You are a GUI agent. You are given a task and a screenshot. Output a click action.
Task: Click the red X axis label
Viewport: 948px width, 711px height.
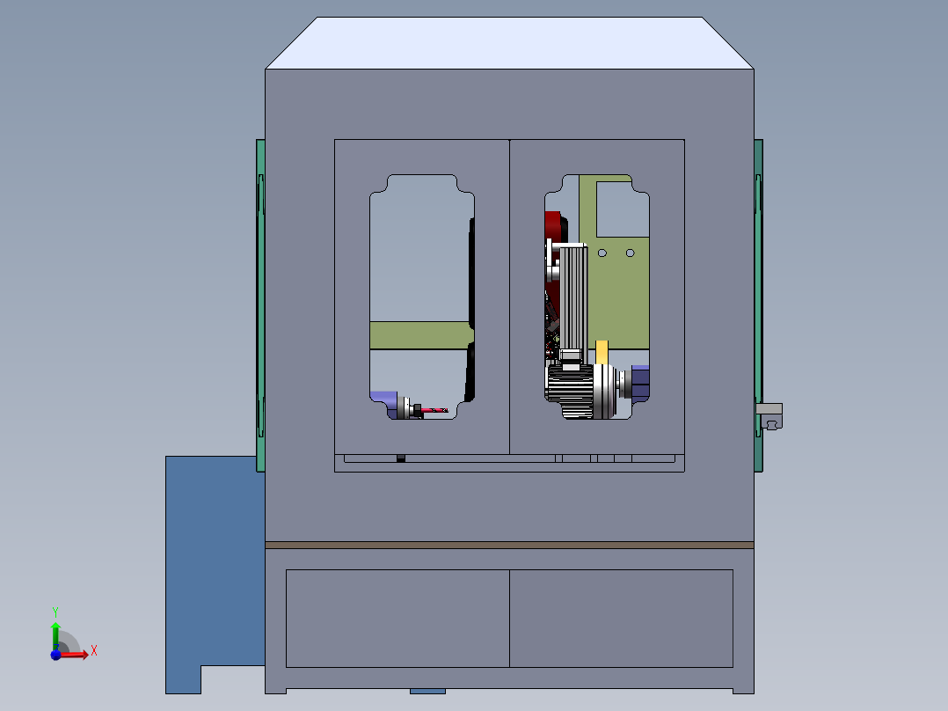click(x=94, y=651)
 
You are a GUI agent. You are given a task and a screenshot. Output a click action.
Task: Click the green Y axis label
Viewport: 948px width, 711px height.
click(x=55, y=612)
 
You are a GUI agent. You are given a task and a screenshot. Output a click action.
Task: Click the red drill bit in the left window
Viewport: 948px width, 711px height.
click(x=434, y=410)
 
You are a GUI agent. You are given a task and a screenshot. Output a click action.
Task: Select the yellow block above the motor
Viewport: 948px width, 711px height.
click(x=602, y=352)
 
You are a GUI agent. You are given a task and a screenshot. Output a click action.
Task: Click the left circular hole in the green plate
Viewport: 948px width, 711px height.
click(x=602, y=253)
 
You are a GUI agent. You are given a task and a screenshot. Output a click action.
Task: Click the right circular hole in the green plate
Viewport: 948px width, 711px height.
click(x=630, y=253)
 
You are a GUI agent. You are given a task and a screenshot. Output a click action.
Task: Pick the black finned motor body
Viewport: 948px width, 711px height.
click(x=570, y=391)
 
